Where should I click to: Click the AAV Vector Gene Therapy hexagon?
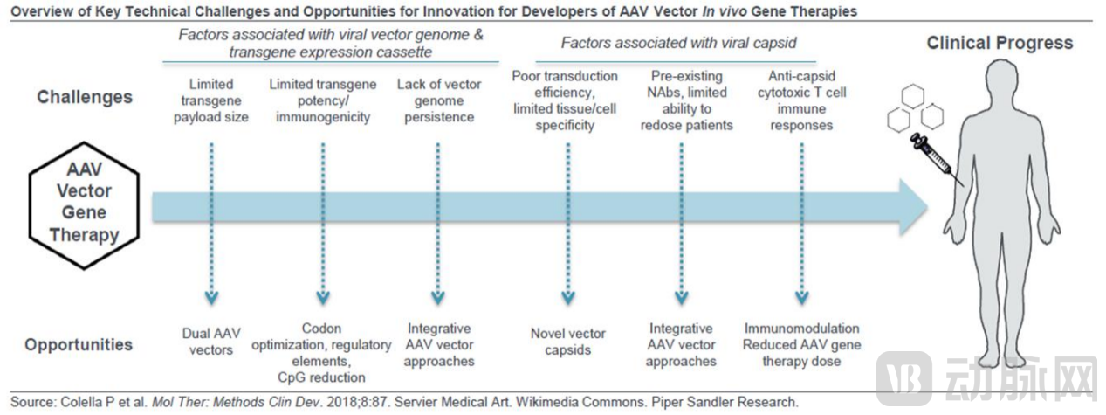[x=86, y=199]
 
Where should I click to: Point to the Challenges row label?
[x=85, y=97]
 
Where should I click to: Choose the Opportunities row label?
[x=79, y=344]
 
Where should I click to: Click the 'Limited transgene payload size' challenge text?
[x=211, y=100]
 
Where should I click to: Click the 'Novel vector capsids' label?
[x=567, y=342]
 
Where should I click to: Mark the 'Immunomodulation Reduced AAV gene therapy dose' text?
[x=801, y=345]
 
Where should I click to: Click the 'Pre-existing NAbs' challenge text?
[x=682, y=100]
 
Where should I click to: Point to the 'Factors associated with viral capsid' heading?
[x=678, y=42]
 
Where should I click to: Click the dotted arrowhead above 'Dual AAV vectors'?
[x=211, y=297]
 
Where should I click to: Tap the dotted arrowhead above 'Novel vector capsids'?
[x=568, y=297]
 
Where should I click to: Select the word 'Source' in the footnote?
[x=31, y=403]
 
